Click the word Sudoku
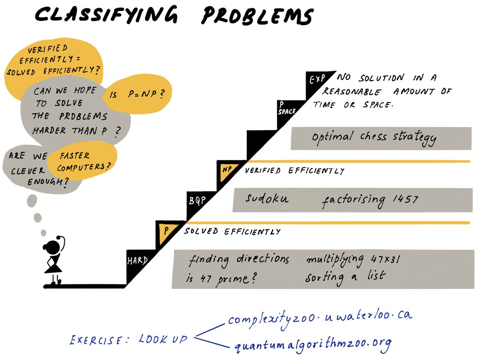(x=266, y=198)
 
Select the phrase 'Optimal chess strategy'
(x=374, y=137)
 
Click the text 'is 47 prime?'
(x=221, y=278)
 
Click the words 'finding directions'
(x=239, y=260)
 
